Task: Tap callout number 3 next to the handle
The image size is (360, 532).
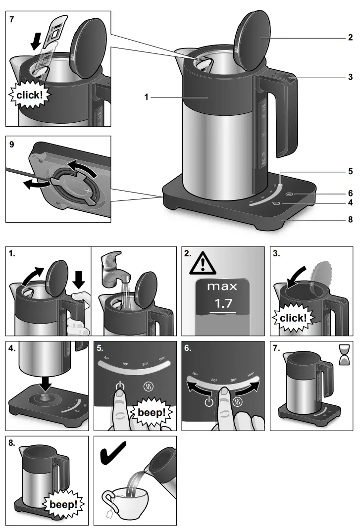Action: pyautogui.click(x=350, y=77)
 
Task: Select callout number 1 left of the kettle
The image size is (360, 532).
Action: pyautogui.click(x=147, y=98)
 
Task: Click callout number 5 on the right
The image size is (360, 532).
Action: pyautogui.click(x=350, y=172)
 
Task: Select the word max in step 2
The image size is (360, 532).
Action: pyautogui.click(x=222, y=286)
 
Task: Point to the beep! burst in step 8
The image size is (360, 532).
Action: pyautogui.click(x=63, y=504)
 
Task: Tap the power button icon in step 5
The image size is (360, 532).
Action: pyautogui.click(x=119, y=386)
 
